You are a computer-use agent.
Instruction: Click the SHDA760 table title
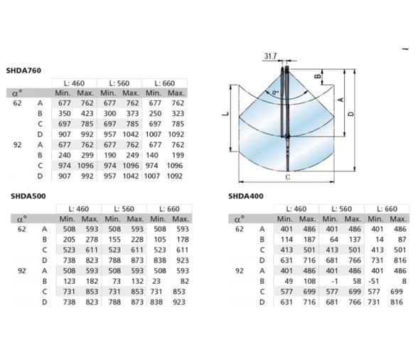coord(23,70)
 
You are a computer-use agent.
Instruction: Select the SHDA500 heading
coord(28,196)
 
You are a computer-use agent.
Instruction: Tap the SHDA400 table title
coord(246,196)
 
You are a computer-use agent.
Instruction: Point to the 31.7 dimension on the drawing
coord(270,56)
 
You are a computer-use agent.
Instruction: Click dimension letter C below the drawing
coord(288,177)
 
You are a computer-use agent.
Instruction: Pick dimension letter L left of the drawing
coord(225,114)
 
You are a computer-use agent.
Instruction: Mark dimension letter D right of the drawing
coord(351,114)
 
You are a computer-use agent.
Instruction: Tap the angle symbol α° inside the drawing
coord(275,92)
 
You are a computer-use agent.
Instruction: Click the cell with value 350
coord(65,113)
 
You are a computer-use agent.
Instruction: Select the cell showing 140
coord(152,155)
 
